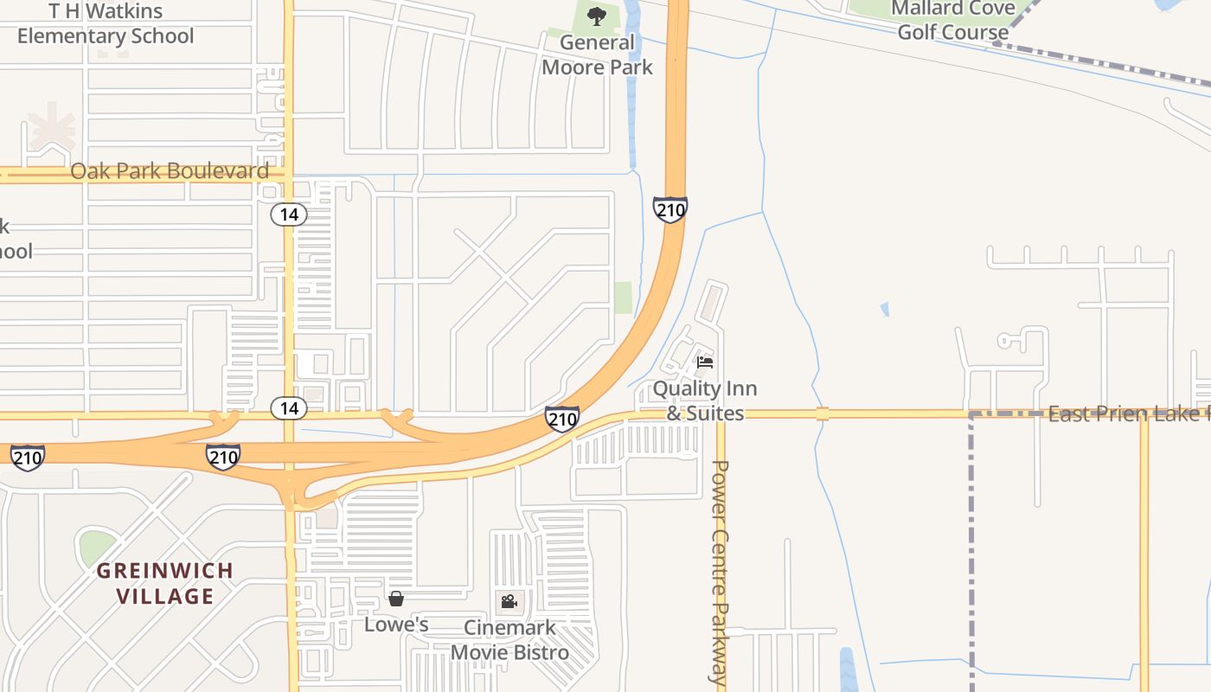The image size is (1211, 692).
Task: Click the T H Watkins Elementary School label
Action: pos(106,24)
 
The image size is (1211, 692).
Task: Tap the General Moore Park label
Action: pos(597,54)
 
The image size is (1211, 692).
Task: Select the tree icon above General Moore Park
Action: pos(597,16)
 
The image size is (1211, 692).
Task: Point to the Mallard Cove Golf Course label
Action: pos(953,21)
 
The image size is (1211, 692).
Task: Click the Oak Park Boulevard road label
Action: pos(170,171)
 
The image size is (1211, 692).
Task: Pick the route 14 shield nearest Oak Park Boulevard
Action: pos(288,215)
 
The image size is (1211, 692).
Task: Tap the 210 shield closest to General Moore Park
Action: pos(670,208)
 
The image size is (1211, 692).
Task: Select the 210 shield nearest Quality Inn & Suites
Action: pos(562,420)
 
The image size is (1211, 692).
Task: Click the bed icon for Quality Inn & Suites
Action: pos(705,362)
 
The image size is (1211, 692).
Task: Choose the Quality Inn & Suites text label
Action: pos(705,400)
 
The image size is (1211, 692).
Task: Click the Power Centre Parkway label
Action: pos(720,572)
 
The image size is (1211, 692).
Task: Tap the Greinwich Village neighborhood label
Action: pos(164,583)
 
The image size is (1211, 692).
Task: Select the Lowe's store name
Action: pos(396,625)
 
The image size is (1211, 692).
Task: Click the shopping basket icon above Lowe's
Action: pos(396,599)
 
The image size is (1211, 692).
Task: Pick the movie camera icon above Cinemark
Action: pos(509,601)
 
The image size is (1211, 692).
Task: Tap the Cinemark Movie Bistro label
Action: pos(509,640)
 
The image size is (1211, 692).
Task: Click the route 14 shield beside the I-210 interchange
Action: pos(288,408)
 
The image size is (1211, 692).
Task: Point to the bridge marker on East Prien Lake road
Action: pos(822,413)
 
